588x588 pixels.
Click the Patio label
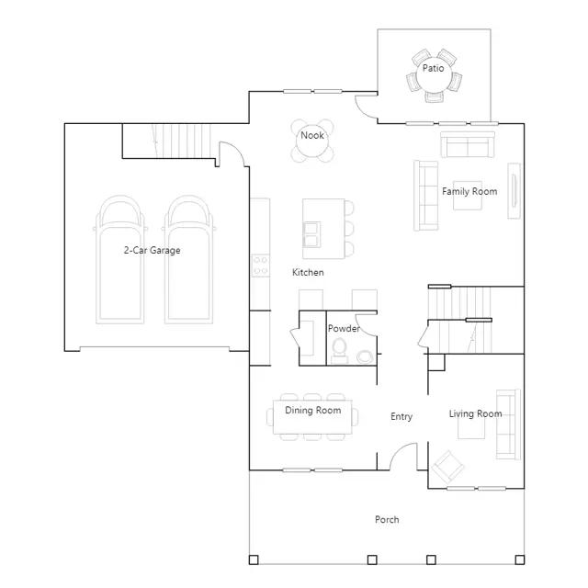click(433, 68)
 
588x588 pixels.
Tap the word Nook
click(312, 135)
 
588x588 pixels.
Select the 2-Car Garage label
click(153, 250)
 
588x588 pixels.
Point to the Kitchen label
click(308, 272)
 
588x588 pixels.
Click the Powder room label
click(344, 329)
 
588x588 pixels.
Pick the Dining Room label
click(313, 411)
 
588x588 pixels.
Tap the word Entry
click(401, 416)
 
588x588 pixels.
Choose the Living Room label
click(476, 413)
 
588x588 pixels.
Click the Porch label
click(387, 520)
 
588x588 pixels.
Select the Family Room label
click(469, 191)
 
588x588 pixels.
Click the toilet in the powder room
click(340, 351)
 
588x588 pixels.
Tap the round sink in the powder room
click(365, 356)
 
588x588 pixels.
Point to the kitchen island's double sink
click(311, 235)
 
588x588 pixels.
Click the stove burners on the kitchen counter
click(260, 266)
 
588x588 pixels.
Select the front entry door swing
click(403, 456)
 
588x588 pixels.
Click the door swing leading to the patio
click(367, 107)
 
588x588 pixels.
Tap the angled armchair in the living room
click(447, 467)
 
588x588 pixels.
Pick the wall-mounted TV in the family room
click(514, 190)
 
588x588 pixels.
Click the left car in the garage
click(120, 259)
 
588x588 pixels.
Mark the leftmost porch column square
click(254, 560)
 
